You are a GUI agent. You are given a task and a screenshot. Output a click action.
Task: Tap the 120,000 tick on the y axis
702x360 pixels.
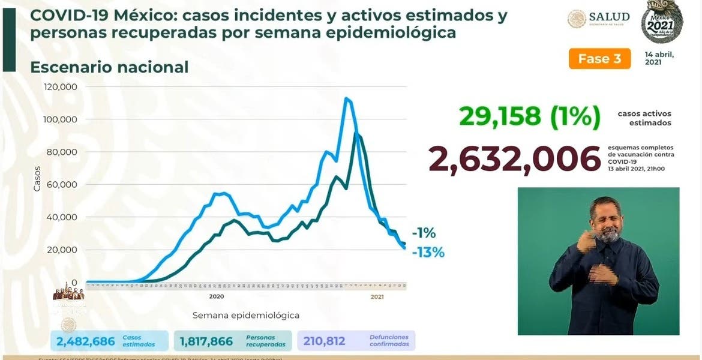61,87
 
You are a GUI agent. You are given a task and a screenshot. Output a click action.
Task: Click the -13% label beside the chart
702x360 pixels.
428,253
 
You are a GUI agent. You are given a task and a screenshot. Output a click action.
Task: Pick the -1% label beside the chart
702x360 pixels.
424,233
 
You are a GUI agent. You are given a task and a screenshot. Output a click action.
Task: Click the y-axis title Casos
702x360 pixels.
37,178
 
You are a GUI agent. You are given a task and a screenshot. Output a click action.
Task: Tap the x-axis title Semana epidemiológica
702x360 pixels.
245,315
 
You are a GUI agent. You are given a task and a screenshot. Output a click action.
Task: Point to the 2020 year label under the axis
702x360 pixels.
217,296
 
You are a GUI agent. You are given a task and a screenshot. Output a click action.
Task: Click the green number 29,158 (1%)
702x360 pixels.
530,117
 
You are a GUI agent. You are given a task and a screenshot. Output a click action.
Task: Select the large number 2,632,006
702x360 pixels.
514,159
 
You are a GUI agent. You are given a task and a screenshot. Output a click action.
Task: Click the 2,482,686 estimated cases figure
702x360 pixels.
85,341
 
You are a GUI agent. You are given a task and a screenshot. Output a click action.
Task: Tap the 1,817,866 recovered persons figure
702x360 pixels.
206,341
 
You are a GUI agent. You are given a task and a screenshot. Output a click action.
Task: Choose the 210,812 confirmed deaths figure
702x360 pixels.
325,341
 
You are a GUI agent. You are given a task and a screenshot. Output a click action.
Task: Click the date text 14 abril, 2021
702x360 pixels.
659,58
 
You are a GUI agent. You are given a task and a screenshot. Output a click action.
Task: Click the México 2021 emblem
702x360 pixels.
662,24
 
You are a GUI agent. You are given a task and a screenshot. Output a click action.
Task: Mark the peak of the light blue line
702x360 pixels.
346,98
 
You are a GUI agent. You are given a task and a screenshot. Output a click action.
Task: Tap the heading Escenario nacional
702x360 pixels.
109,67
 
